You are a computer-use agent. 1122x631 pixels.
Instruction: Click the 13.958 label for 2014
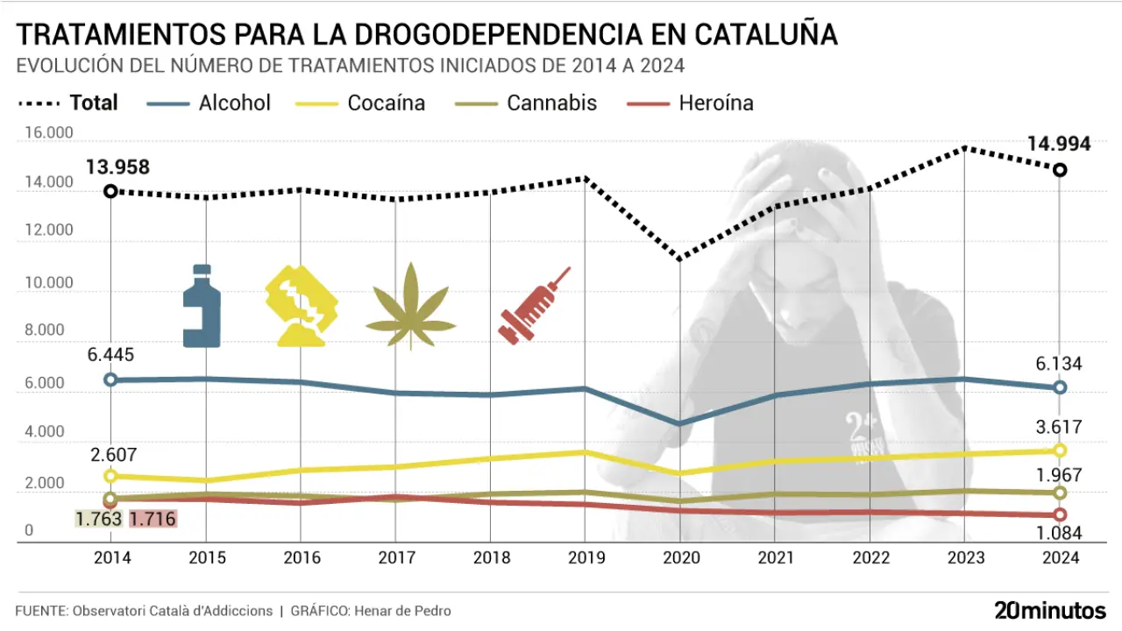click(117, 167)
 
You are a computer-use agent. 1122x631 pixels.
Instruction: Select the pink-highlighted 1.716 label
click(153, 519)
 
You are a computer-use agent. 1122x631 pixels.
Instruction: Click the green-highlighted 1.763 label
click(98, 519)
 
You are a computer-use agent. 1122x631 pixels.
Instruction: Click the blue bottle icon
click(202, 306)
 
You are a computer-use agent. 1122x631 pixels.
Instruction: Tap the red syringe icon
click(533, 305)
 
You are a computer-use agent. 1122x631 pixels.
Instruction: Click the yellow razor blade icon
click(302, 306)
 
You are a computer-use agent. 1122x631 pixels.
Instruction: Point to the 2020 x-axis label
click(680, 558)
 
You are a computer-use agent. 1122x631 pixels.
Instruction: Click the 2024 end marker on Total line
click(1060, 169)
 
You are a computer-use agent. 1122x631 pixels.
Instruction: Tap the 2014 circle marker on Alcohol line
click(110, 379)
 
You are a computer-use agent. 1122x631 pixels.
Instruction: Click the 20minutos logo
click(1050, 610)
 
